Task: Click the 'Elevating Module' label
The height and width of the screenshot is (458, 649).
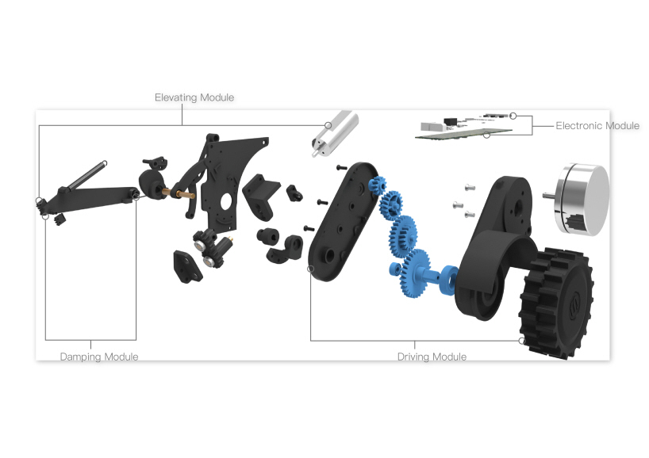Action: pos(194,97)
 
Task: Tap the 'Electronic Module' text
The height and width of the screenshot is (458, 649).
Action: pos(597,126)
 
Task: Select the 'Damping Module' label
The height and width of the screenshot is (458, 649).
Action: pos(99,357)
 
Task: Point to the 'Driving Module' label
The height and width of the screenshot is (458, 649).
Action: pos(432,357)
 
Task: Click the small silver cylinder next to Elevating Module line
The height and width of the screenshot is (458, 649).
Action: pos(338,132)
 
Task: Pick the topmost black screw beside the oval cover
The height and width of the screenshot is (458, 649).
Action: pos(340,168)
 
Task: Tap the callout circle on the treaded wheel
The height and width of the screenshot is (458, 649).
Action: pos(522,341)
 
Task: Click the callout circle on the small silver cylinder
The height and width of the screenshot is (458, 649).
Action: pos(328,124)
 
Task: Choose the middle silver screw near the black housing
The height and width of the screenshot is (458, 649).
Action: pos(458,204)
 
